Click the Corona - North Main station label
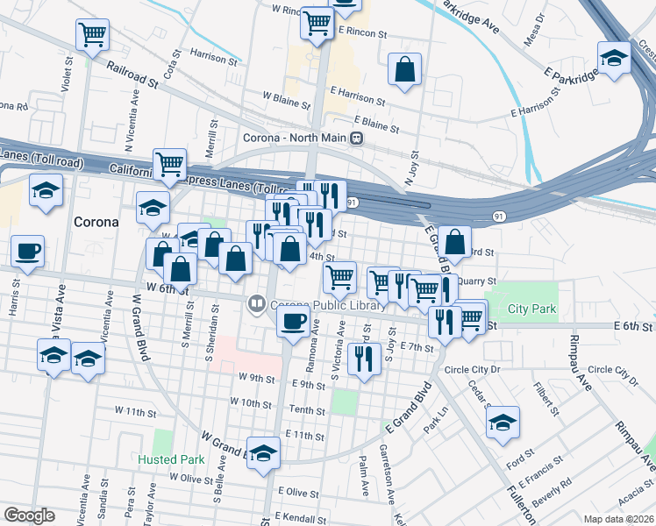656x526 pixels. point(295,139)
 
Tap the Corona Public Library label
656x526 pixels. point(328,305)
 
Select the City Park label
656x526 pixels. point(531,309)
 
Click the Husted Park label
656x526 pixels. point(170,458)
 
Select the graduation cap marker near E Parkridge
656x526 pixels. point(614,59)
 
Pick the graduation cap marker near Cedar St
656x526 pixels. point(503,422)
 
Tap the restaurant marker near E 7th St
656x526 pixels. point(361,359)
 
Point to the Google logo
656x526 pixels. point(29,515)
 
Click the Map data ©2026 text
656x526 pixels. point(619,519)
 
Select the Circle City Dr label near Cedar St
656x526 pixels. point(472,369)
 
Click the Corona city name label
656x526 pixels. point(96,222)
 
